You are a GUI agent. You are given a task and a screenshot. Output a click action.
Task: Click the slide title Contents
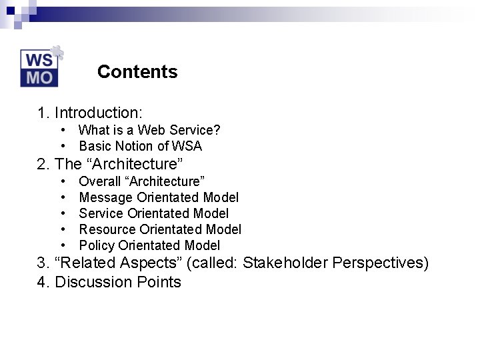137,72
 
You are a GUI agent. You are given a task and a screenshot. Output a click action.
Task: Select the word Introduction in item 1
99,113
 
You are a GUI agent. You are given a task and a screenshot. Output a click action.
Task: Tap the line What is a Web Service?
149,130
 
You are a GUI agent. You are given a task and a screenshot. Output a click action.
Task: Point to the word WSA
187,146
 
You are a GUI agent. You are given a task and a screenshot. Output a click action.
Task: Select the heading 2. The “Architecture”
110,164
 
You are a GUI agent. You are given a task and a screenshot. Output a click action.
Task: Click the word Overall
100,181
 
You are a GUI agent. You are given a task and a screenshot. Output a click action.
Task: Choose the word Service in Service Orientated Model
101,213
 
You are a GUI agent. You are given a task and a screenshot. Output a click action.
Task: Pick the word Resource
106,229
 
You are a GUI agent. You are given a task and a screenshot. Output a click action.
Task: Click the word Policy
97,245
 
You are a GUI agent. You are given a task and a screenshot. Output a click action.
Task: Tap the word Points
159,282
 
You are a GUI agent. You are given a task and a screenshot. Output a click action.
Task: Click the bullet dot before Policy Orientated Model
62,245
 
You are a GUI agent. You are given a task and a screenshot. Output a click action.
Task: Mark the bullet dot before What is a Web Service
62,130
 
